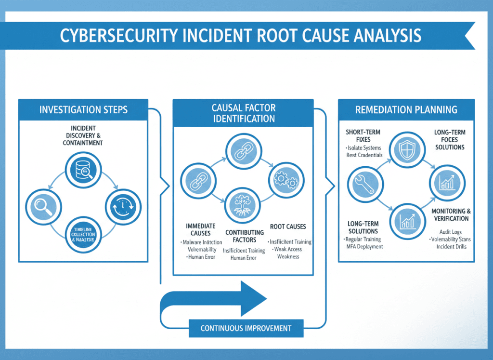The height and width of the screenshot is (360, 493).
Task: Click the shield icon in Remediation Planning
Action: [x=405, y=149]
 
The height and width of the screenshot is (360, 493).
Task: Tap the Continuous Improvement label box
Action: [x=246, y=328]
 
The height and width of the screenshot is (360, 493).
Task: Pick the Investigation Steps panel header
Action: [x=83, y=110]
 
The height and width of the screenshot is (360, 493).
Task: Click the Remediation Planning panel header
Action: [x=406, y=110]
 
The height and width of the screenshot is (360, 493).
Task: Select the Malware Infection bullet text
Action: [x=202, y=242]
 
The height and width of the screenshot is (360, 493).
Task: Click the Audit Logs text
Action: [x=451, y=232]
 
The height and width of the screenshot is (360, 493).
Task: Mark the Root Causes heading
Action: [x=288, y=227]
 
